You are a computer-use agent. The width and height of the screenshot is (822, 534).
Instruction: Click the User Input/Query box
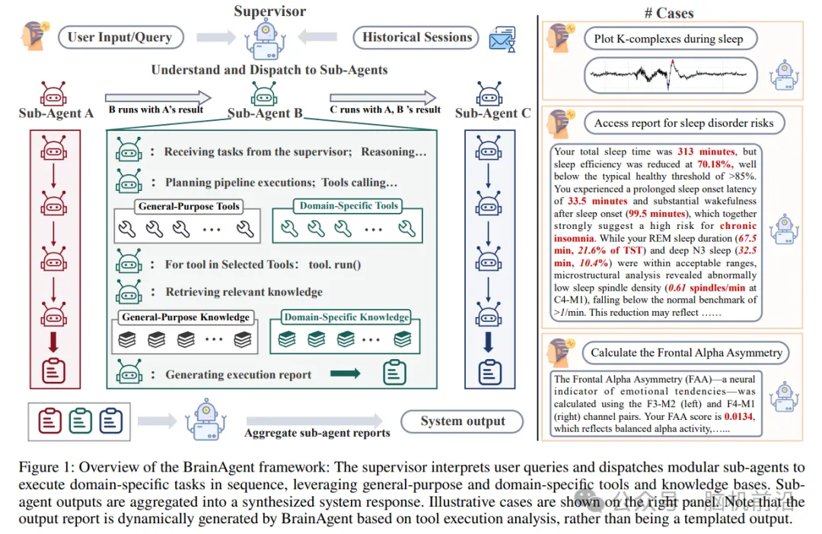coord(121,38)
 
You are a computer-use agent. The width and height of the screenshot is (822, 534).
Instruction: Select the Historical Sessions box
coord(416,38)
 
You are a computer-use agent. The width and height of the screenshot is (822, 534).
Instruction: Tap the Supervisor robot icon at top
coord(266,41)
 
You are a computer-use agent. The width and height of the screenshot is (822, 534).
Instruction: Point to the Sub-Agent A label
coord(56,113)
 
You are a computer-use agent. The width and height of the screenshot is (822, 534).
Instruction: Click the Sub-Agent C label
coord(492,113)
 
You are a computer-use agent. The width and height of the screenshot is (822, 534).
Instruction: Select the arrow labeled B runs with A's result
coord(158,97)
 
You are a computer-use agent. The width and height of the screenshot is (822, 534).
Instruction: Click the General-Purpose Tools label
coord(189,206)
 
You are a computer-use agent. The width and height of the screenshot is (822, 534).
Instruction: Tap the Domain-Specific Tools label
coord(349,206)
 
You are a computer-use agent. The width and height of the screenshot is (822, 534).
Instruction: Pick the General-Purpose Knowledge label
coord(186,317)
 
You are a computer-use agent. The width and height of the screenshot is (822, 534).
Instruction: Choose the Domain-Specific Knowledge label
coord(346,317)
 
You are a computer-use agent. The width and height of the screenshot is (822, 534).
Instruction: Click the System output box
coord(463,421)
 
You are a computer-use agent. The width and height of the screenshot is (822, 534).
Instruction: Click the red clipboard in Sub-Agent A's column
coord(53,371)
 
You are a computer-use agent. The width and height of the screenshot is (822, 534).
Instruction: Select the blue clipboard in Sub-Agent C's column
coord(489,372)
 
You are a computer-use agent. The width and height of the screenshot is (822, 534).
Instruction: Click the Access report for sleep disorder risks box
coord(684,123)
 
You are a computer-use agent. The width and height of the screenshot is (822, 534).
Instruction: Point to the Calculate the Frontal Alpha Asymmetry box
coord(686,353)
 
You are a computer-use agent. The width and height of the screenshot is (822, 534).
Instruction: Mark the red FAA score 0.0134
coord(738,417)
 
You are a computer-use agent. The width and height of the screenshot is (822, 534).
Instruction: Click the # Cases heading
coord(669,13)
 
